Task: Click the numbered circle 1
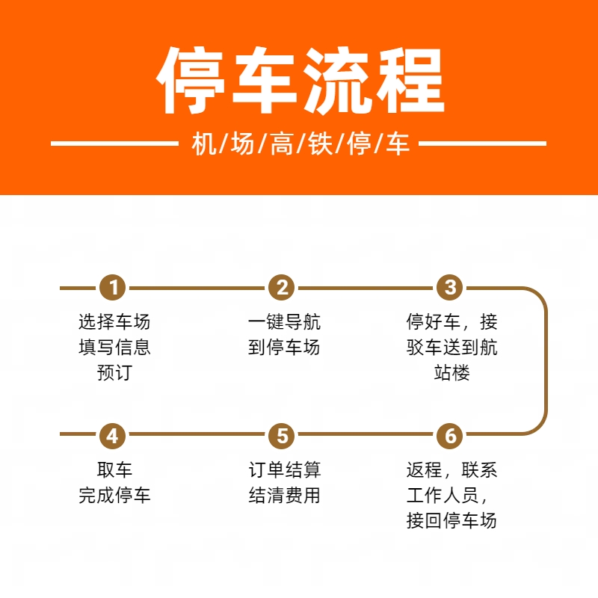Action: click(x=113, y=287)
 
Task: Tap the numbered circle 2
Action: click(x=282, y=287)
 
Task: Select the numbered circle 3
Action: click(x=450, y=287)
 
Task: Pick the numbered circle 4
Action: click(x=113, y=436)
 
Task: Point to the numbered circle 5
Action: click(x=282, y=436)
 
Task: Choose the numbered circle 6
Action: click(x=450, y=436)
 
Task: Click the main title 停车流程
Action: click(x=300, y=81)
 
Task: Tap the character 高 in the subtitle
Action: click(x=282, y=144)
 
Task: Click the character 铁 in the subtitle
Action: click(x=320, y=144)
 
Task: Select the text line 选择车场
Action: click(x=114, y=321)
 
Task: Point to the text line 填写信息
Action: click(x=114, y=347)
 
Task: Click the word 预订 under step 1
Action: click(x=114, y=372)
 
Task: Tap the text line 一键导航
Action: click(x=284, y=321)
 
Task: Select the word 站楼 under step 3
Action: click(x=452, y=372)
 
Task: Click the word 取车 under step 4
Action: click(x=114, y=469)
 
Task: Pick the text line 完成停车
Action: click(x=114, y=495)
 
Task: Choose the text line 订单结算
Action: click(x=285, y=469)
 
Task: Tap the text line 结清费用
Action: click(x=285, y=495)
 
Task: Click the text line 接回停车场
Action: click(x=451, y=520)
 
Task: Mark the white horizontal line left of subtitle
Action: click(x=114, y=144)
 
